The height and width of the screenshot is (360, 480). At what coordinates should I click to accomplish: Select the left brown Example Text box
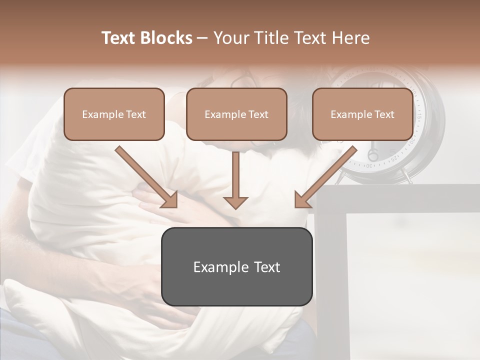pyautogui.click(x=114, y=114)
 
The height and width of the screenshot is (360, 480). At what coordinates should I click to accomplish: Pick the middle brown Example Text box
pyautogui.click(x=236, y=114)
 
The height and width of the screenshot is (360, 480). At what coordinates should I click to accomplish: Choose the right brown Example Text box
pyautogui.click(x=362, y=114)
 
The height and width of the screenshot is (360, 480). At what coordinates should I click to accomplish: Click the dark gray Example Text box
pyautogui.click(x=236, y=266)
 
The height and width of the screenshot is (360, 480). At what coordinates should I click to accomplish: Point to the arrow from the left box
pyautogui.click(x=145, y=175)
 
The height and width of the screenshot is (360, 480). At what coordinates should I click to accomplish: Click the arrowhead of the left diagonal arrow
pyautogui.click(x=170, y=200)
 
